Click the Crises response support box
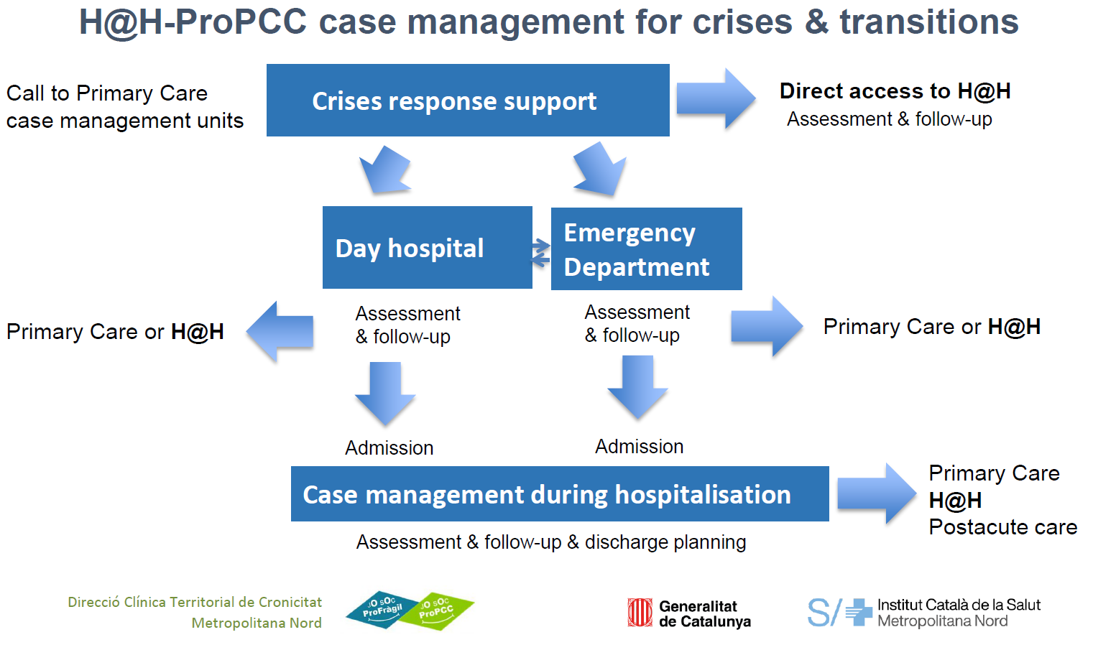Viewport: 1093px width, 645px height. click(468, 101)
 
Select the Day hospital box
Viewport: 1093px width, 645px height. click(427, 248)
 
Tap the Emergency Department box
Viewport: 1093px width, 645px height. click(646, 249)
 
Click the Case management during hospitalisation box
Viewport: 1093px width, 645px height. click(559, 494)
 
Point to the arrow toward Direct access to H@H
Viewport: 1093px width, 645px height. click(715, 98)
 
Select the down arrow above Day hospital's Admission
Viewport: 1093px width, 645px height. click(385, 393)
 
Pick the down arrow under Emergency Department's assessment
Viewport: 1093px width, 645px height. click(637, 387)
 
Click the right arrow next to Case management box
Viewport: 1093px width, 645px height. click(876, 493)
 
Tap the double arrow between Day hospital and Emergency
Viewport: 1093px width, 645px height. click(541, 252)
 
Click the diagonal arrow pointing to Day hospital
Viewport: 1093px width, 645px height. click(386, 170)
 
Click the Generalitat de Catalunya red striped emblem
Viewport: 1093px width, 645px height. click(640, 613)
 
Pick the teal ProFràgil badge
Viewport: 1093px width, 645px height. click(382, 610)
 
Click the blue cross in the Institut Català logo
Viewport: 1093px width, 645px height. click(858, 613)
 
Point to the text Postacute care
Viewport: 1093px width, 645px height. click(1002, 527)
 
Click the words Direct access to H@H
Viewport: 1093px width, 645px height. click(895, 91)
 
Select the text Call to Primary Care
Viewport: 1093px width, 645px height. click(107, 93)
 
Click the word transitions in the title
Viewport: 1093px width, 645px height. click(928, 22)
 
